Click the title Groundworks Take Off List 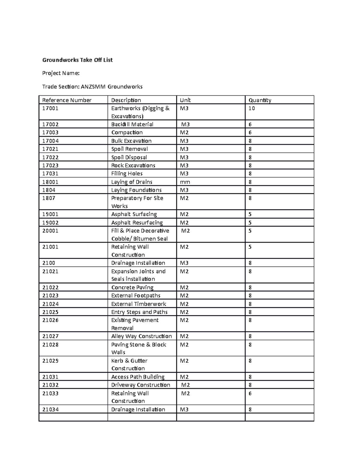tap(77, 60)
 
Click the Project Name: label tap(61, 73)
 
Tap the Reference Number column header tap(67, 100)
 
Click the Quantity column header tap(260, 100)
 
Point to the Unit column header tap(185, 100)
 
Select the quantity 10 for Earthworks tap(252, 108)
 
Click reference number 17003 tap(50, 133)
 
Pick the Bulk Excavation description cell tap(131, 141)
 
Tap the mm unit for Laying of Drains tap(185, 182)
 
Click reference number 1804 tap(49, 190)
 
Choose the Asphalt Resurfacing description tap(137, 223)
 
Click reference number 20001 tap(50, 231)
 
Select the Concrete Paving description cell tap(132, 287)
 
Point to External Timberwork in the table tap(139, 304)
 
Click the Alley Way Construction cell tap(142, 336)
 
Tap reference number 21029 tap(50, 361)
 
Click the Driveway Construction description tap(141, 385)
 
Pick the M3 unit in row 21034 tap(184, 410)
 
